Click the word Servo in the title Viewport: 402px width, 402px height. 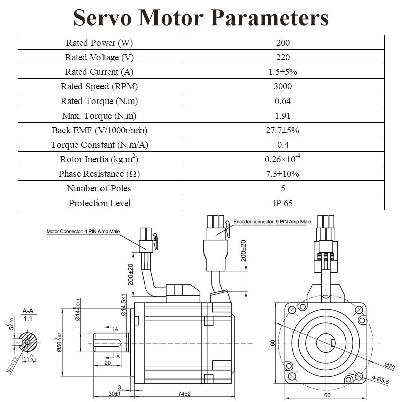pyautogui.click(x=103, y=17)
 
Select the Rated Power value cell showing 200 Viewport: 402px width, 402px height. pyautogui.click(x=283, y=43)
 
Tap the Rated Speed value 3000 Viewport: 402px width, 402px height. pyautogui.click(x=283, y=86)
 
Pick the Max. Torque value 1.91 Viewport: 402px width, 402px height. pyautogui.click(x=283, y=116)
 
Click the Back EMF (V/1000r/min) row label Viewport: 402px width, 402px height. pyautogui.click(x=99, y=130)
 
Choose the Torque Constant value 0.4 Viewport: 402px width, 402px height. pyautogui.click(x=283, y=145)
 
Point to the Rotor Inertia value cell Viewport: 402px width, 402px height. pyautogui.click(x=282, y=159)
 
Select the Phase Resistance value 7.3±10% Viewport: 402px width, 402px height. pyautogui.click(x=282, y=174)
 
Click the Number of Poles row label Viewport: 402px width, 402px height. pyautogui.click(x=99, y=188)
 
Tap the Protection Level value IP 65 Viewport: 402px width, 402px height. pyautogui.click(x=283, y=203)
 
